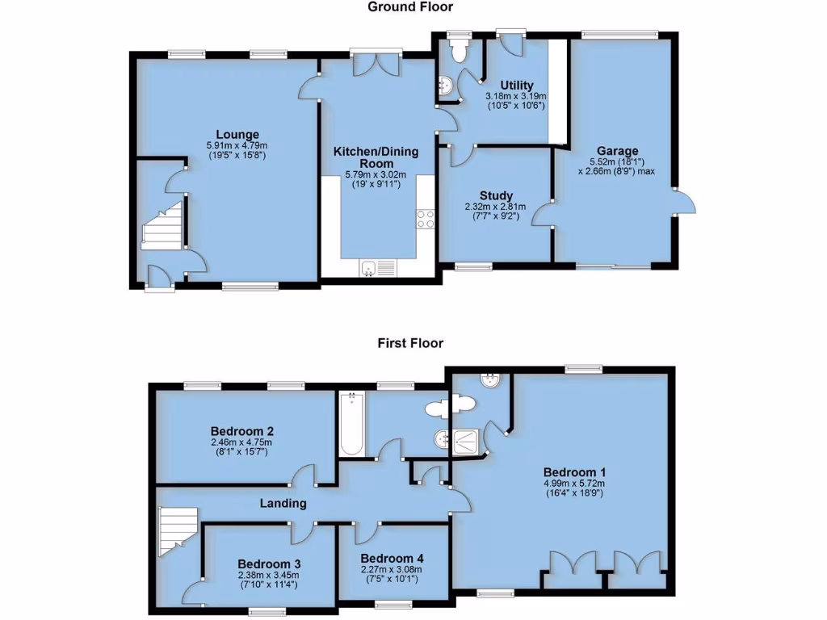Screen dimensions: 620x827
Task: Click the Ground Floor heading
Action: [410, 7]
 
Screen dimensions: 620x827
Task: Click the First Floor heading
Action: [410, 343]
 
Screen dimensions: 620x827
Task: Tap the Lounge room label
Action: [237, 134]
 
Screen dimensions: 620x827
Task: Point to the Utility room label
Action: [515, 86]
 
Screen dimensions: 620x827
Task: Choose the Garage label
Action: [617, 151]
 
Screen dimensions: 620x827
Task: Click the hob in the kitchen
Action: [425, 218]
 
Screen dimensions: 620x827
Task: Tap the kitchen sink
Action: [377, 268]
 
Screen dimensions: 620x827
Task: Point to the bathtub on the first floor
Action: [351, 424]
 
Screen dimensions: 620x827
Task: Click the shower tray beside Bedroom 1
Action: [468, 441]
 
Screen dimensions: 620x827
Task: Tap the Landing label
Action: [283, 504]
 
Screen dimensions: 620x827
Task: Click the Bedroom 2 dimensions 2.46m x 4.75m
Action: [241, 442]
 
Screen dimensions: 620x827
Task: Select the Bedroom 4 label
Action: [392, 559]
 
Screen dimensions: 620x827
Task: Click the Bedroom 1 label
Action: [574, 472]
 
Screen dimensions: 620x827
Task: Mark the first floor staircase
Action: [177, 530]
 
